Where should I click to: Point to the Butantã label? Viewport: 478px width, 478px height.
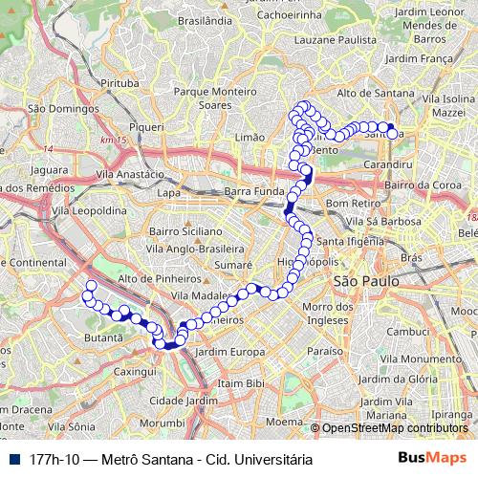pyautogui.click(x=104, y=337)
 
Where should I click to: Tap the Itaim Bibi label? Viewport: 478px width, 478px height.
pyautogui.click(x=240, y=382)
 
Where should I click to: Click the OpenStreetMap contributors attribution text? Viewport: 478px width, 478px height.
pyautogui.click(x=394, y=428)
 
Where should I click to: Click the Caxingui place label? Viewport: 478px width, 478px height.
pyautogui.click(x=135, y=370)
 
